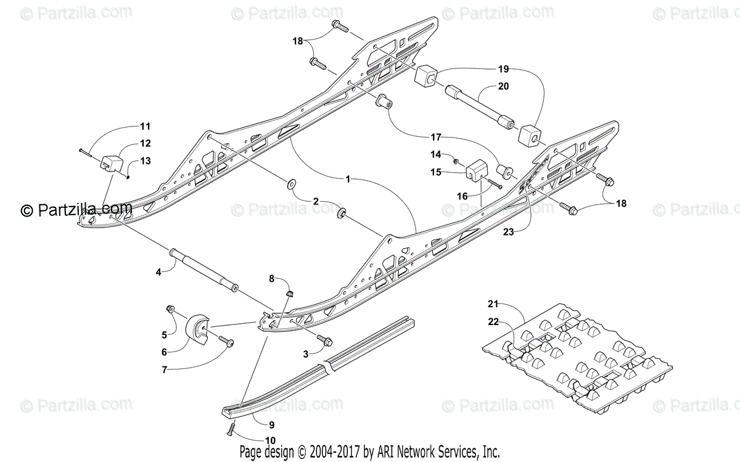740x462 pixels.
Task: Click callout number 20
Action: pos(503,87)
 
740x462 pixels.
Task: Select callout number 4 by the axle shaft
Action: pos(158,271)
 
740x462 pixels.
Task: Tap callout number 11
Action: pos(145,126)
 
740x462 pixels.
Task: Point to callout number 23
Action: pos(508,233)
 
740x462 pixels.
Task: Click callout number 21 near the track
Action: pos(492,303)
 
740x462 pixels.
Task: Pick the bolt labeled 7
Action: pos(224,341)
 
